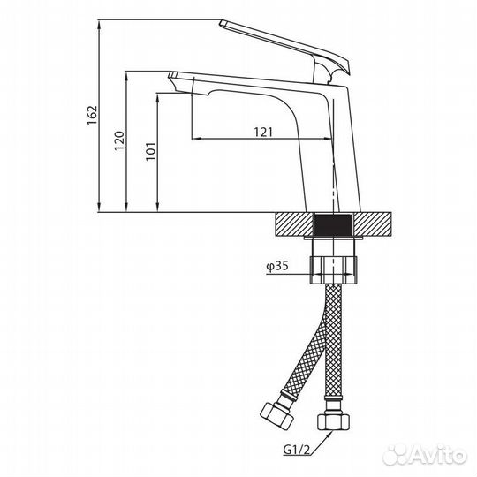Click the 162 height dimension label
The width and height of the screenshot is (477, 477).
pyautogui.click(x=92, y=115)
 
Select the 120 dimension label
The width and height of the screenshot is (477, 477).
pyautogui.click(x=119, y=140)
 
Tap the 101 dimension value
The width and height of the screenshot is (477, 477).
pyautogui.click(x=150, y=151)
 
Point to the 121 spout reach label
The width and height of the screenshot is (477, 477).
pyautogui.click(x=263, y=132)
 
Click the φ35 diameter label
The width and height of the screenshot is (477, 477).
pyautogui.click(x=277, y=266)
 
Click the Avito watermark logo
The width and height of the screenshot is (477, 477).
pyautogui.click(x=425, y=456)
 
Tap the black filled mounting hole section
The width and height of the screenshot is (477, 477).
pyautogui.click(x=333, y=225)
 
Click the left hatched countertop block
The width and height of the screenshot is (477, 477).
pyautogui.click(x=294, y=224)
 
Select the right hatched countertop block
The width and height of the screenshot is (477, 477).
pyautogui.click(x=372, y=224)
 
